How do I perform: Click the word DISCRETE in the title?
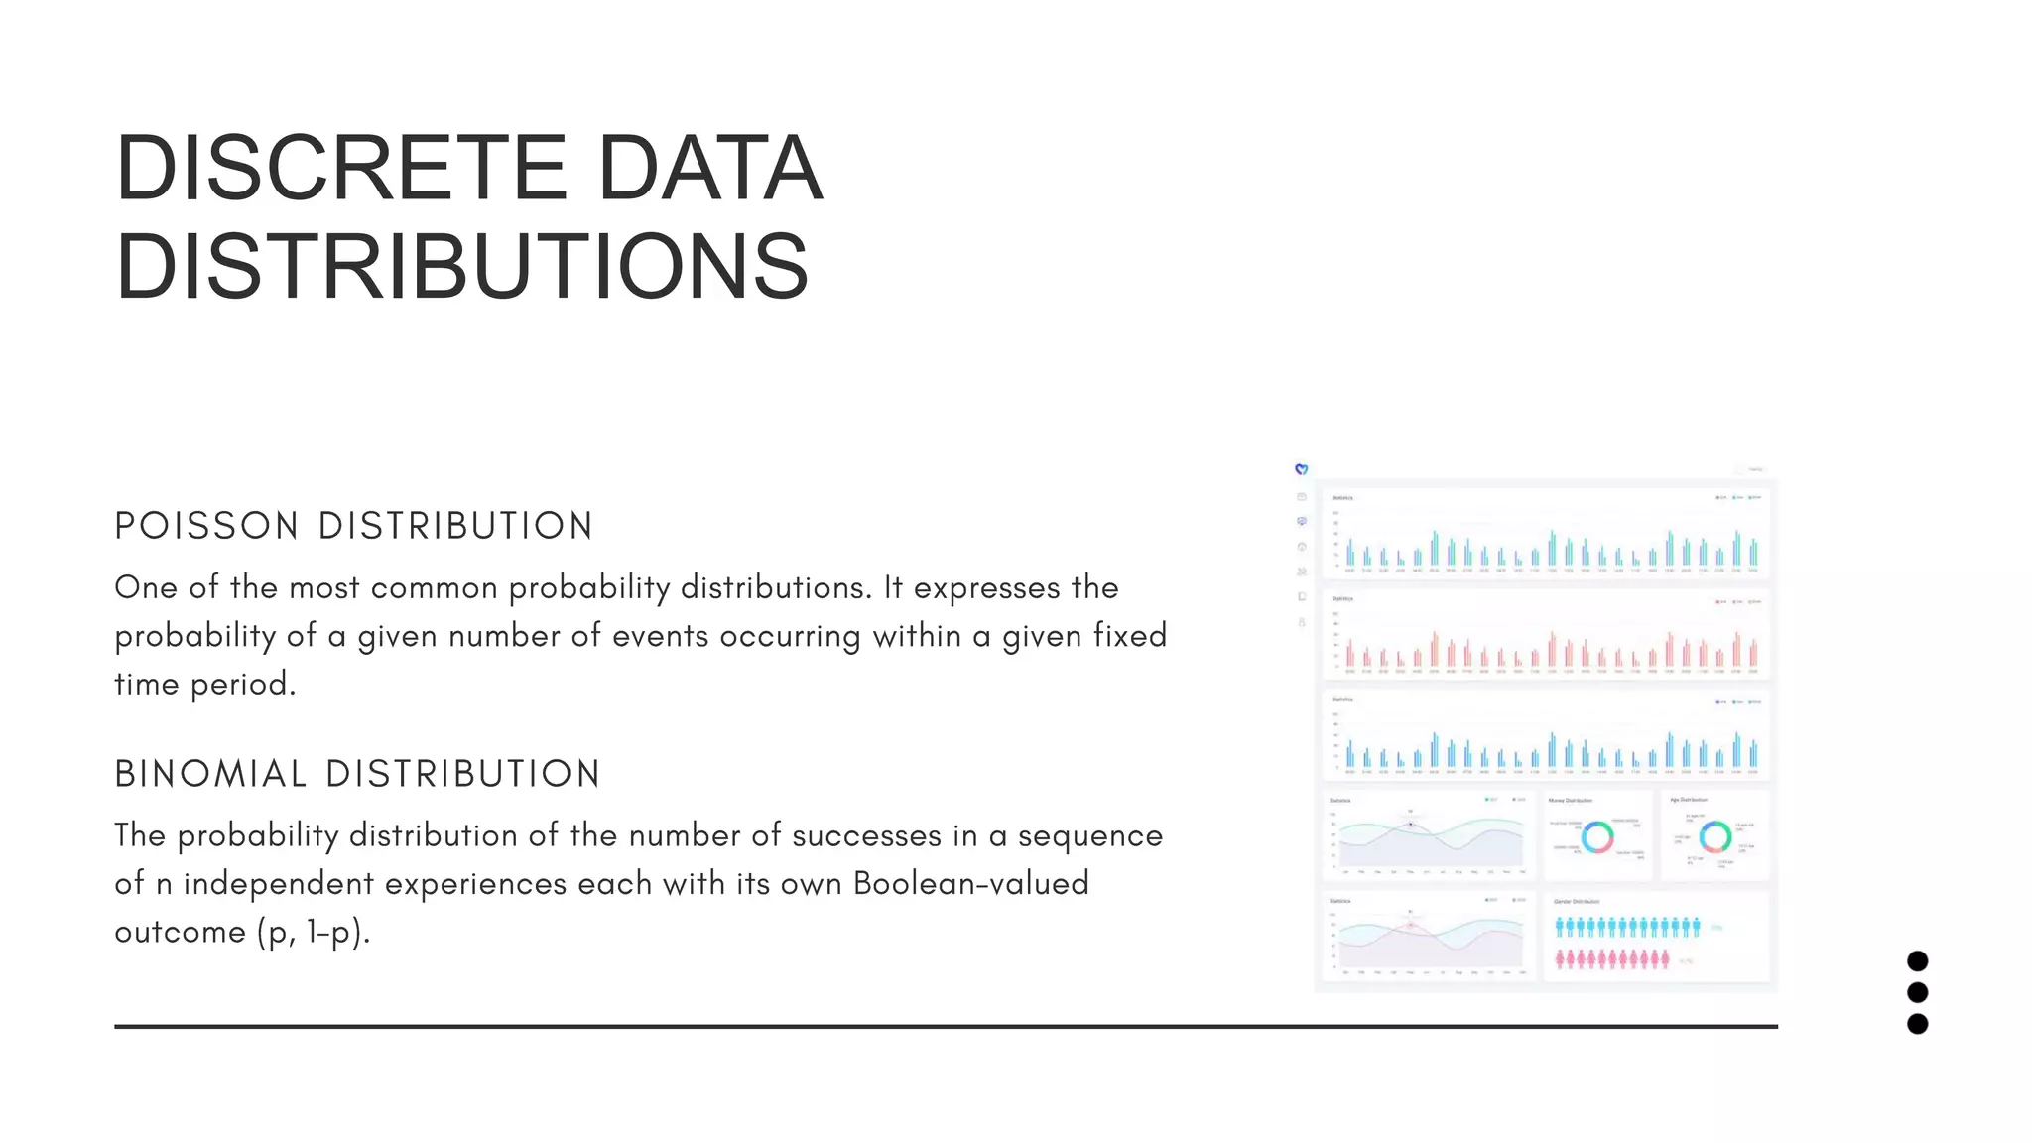(340, 168)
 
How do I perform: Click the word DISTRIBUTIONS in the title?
(462, 266)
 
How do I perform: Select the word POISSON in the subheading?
(206, 526)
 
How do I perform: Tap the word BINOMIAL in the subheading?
(210, 774)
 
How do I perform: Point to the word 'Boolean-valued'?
(970, 883)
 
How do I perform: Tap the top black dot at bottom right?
(1917, 960)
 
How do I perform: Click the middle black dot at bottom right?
(1917, 992)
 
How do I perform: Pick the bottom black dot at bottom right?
(1917, 1024)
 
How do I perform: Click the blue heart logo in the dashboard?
(1301, 469)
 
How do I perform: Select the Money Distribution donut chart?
(1597, 837)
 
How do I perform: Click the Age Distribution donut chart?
(1715, 836)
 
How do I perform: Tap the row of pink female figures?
(1612, 959)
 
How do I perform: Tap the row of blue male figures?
(1627, 928)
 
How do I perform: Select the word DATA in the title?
(709, 168)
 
